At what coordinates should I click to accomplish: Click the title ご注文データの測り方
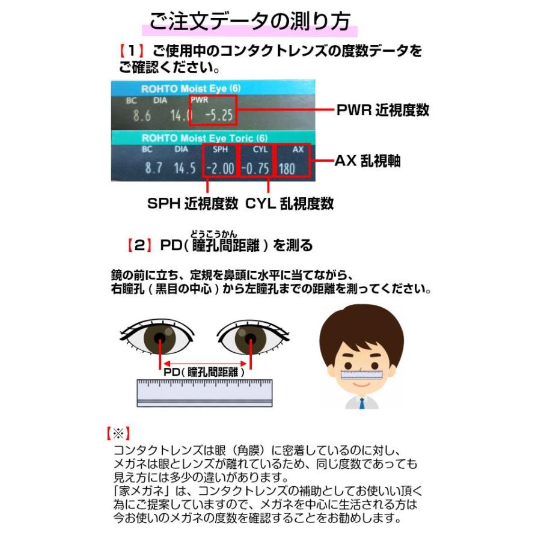(249, 22)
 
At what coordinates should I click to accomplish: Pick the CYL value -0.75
(255, 168)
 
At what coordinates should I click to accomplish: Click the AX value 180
(287, 168)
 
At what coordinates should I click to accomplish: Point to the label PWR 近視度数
(382, 110)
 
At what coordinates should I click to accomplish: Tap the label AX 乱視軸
(368, 161)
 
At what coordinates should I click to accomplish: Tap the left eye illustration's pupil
(160, 338)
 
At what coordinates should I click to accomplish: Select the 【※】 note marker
(117, 433)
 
